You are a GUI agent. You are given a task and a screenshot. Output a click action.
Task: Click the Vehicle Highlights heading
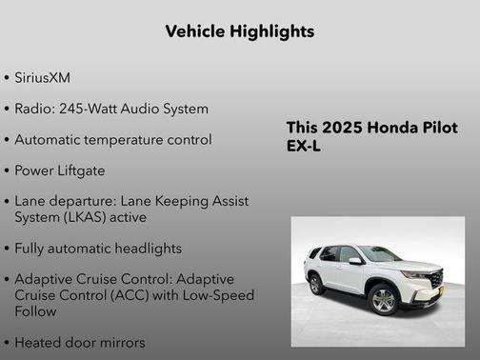(239, 31)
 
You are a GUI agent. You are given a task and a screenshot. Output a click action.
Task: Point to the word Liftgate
(81, 170)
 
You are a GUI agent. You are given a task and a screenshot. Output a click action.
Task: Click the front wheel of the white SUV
(383, 301)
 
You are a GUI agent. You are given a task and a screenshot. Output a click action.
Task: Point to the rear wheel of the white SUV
(315, 283)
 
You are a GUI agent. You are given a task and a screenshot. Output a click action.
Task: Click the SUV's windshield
(379, 254)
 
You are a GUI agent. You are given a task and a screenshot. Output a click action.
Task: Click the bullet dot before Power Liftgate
(8, 171)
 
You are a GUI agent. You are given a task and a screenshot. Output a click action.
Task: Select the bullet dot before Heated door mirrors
(8, 342)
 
